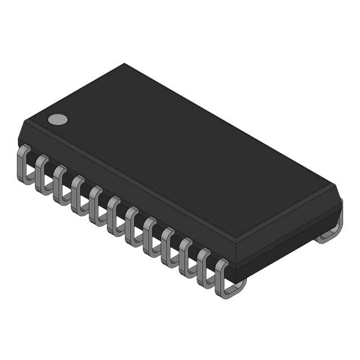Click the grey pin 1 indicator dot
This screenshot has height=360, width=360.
[57, 119]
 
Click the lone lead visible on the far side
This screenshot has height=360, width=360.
[332, 231]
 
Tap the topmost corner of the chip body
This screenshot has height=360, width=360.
[124, 64]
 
